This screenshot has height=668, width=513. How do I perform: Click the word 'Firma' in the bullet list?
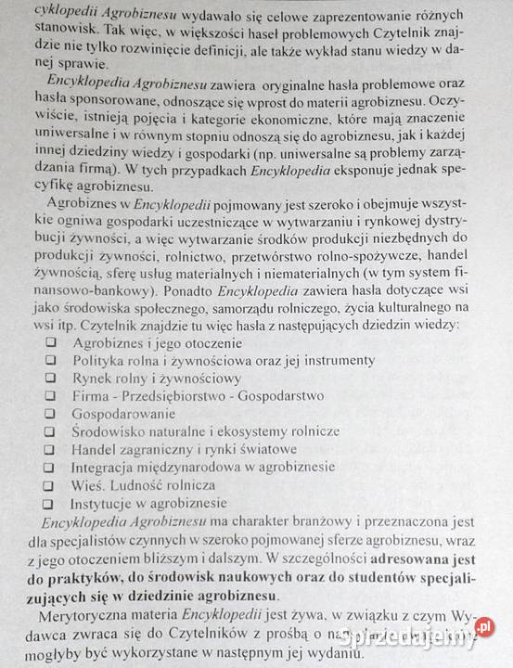(x=92, y=395)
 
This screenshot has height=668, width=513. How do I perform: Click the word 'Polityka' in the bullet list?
(x=99, y=360)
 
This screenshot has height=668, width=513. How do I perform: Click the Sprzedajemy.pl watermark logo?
(x=435, y=636)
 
